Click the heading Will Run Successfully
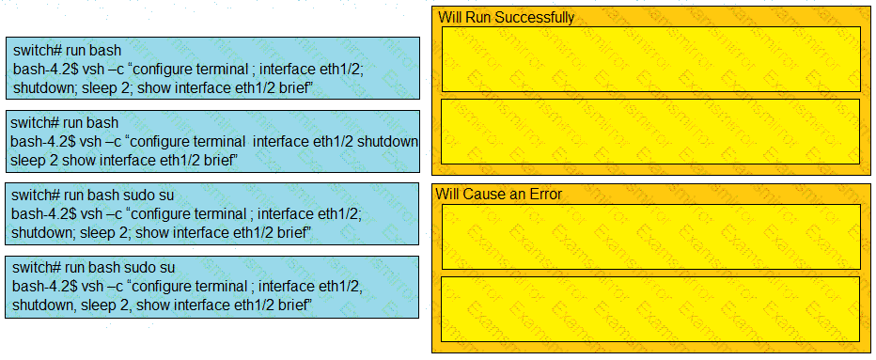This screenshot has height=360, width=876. point(507,17)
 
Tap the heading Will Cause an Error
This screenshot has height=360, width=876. point(499,194)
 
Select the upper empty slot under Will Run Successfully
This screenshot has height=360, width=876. point(650,58)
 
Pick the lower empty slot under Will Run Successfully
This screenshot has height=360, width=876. point(650,132)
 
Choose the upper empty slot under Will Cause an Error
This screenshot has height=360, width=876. point(650,237)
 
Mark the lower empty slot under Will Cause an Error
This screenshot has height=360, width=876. point(650,308)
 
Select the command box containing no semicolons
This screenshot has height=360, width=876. point(212,141)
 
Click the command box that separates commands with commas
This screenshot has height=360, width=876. point(212,287)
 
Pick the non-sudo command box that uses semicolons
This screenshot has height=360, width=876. point(212,68)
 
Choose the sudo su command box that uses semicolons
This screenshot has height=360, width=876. point(212,213)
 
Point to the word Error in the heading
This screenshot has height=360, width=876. point(547,194)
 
